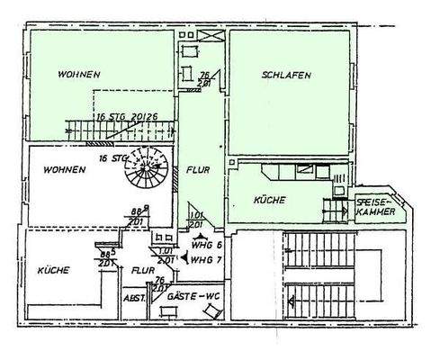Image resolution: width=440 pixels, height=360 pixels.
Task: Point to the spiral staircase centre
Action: coord(150,170)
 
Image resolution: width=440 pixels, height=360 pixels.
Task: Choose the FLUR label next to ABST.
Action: coord(141,268)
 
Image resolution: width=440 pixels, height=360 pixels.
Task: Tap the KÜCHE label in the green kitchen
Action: coord(270,200)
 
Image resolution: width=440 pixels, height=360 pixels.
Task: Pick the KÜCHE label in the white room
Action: coord(55,269)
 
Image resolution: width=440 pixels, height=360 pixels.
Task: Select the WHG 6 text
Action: coord(203,238)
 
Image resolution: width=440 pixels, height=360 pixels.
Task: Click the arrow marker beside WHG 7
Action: coord(184,258)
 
